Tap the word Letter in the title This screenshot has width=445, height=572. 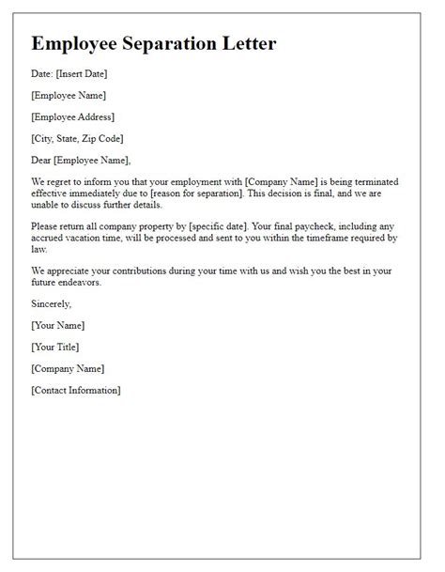251,44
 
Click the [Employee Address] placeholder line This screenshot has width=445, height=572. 72,116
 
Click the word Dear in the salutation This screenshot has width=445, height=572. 43,160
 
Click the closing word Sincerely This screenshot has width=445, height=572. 51,303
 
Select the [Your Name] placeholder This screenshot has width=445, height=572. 57,325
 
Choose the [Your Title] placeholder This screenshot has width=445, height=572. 55,347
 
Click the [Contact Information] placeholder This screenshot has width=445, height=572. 75,390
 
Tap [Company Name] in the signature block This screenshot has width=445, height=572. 68,368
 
